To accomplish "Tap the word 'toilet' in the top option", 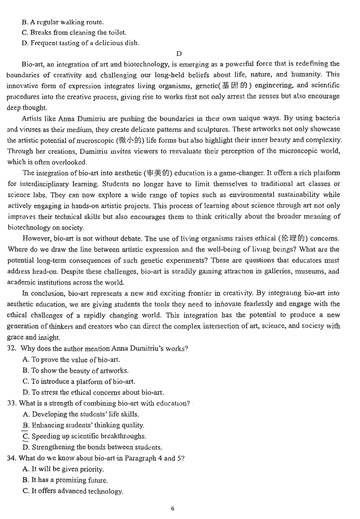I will pos(117,32).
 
